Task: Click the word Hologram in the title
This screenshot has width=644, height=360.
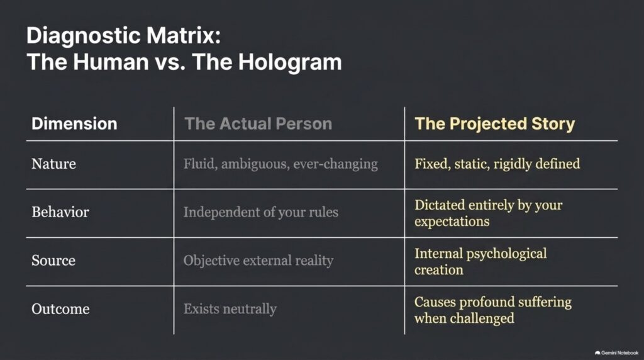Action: tap(289, 62)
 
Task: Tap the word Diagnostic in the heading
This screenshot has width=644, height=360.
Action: tap(84, 36)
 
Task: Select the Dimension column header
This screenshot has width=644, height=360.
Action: tap(74, 124)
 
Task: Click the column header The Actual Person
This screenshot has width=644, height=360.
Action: tap(258, 124)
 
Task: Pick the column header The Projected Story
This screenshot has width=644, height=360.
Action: tap(495, 124)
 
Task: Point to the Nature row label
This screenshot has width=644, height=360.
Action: tap(54, 164)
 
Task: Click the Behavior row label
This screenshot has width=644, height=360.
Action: tap(60, 212)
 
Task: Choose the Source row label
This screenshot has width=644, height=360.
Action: tap(53, 261)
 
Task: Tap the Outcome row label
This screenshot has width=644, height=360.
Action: tap(60, 309)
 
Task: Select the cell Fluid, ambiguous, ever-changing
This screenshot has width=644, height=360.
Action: tap(280, 164)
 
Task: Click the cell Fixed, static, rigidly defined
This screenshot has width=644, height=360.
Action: tap(497, 164)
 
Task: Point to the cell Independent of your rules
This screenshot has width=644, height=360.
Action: tap(261, 212)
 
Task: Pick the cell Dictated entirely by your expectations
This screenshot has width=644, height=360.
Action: tap(488, 213)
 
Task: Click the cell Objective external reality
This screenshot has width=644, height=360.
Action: tap(258, 261)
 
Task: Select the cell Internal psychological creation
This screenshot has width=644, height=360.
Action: tap(480, 262)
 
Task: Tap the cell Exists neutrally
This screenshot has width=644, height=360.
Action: tap(230, 309)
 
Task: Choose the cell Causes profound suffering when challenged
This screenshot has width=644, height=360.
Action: tap(493, 310)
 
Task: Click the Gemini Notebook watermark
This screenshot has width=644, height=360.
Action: tap(616, 353)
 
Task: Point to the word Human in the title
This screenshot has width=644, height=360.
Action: tap(111, 62)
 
